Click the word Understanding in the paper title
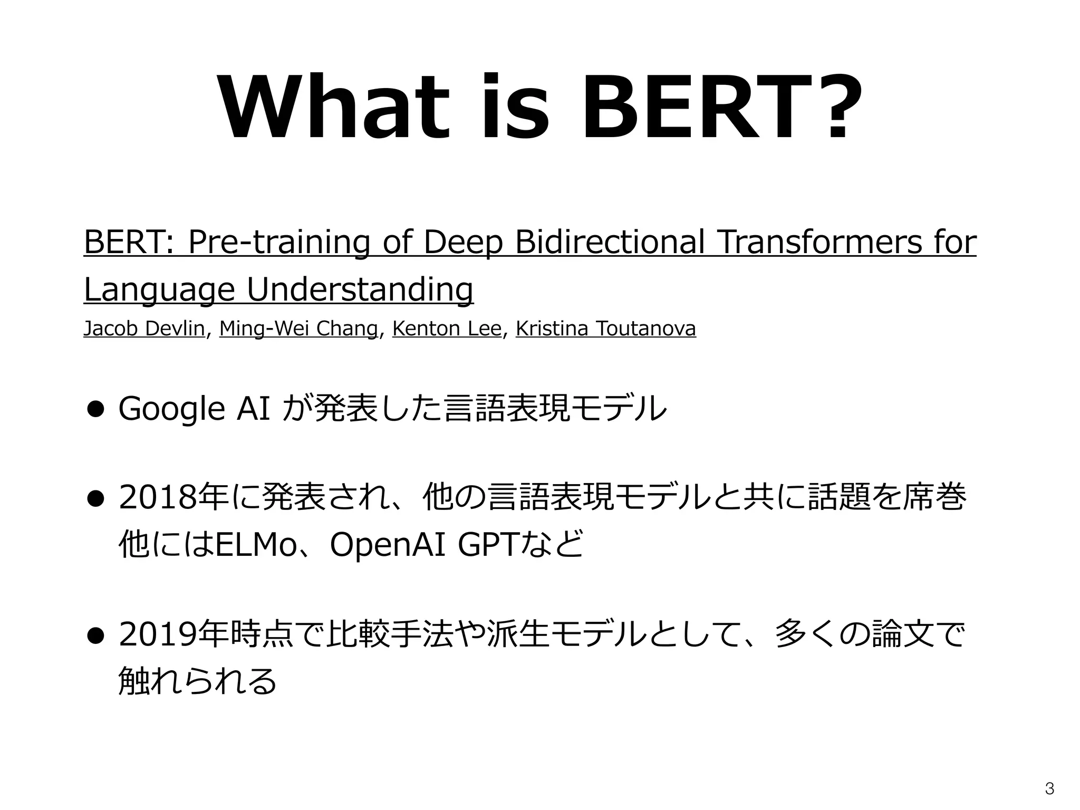point(360,290)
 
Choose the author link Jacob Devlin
point(144,329)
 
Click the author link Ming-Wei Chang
point(298,329)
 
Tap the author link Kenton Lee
point(447,329)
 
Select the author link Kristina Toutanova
point(606,329)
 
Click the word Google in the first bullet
point(172,409)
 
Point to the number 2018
point(157,498)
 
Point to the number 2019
point(157,635)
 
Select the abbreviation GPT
point(488,545)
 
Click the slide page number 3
point(1049,789)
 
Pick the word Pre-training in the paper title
point(279,243)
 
